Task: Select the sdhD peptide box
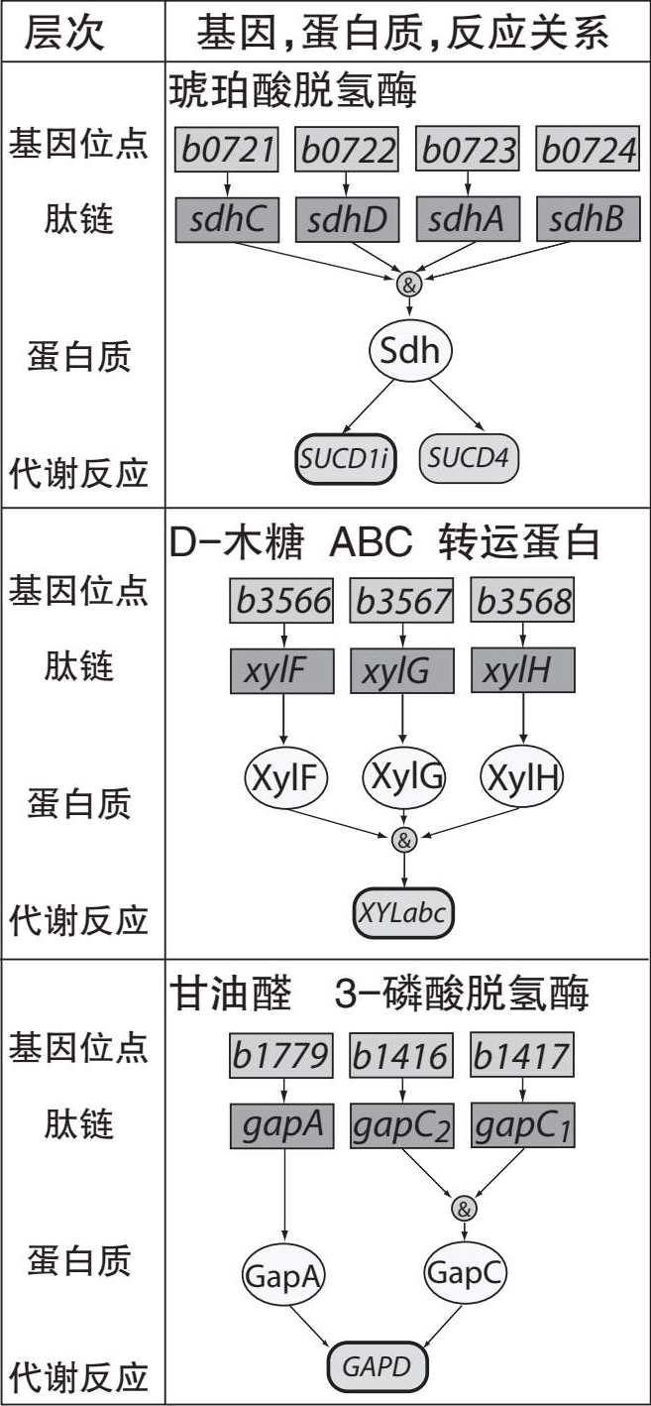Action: [x=346, y=219]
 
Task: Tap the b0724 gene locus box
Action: [x=588, y=151]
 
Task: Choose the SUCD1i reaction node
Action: [x=346, y=458]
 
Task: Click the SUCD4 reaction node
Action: [x=470, y=458]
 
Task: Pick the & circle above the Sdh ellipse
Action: [x=409, y=285]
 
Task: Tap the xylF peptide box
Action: [x=284, y=671]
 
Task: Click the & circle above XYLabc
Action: [x=403, y=841]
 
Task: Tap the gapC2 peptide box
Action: [x=402, y=1125]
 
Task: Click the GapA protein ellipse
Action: [x=283, y=1275]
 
